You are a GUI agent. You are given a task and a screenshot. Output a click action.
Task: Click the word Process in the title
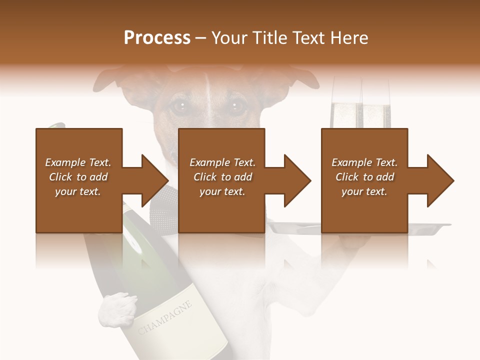[x=157, y=38]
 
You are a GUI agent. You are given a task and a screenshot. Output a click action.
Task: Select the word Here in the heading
[x=349, y=38]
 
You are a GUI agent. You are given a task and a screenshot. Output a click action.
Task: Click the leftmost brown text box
[x=79, y=180]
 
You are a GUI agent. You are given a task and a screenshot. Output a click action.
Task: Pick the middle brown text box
[x=221, y=180]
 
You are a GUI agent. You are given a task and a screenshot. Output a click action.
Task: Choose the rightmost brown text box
[x=364, y=180]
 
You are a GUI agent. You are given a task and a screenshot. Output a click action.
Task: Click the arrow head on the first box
[x=152, y=180]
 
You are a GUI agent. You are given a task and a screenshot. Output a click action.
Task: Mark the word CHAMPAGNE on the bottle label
[x=164, y=317]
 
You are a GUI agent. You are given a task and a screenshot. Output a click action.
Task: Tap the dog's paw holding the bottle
[x=118, y=309]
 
